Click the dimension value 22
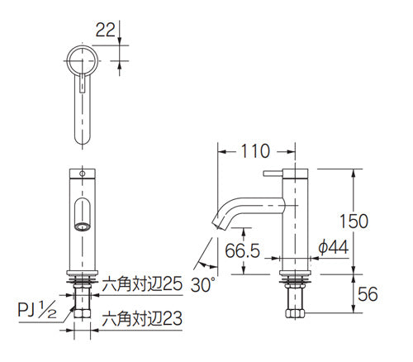pyautogui.click(x=105, y=30)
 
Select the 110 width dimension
pyautogui.click(x=255, y=151)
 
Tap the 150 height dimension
pyautogui.click(x=354, y=221)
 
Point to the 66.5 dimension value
pyautogui.click(x=242, y=250)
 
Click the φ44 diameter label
pyautogui.click(x=333, y=247)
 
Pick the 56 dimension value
pyautogui.click(x=368, y=294)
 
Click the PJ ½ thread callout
pyautogui.click(x=37, y=310)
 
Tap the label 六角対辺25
pyautogui.click(x=142, y=283)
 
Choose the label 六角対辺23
pyautogui.click(x=142, y=319)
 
